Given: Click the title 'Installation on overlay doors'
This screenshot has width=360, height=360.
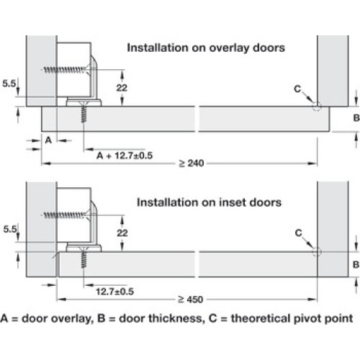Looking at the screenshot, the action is pos(206,48).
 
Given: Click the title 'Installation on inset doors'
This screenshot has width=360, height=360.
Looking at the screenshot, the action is pos(209,202).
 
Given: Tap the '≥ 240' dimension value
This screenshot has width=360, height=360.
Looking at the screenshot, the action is pos(192,163).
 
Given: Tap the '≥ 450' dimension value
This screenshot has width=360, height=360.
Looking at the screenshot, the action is pos(191,300).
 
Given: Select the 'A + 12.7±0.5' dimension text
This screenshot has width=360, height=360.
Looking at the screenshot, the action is pos(125,156).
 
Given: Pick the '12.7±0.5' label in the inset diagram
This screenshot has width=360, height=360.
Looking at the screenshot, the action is pos(114,292).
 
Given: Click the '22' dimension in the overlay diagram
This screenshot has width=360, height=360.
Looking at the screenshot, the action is pos(122,88).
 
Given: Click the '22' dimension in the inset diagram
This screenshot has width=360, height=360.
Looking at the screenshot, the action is pos(122,233).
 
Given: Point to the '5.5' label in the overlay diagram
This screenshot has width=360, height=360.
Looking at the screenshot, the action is pos(9,84).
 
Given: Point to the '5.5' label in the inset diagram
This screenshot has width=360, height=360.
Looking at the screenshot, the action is pos(10,229).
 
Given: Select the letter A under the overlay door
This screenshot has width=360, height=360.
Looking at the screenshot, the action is pos(48,140).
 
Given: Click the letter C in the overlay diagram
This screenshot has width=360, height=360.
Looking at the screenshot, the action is pos(297,89).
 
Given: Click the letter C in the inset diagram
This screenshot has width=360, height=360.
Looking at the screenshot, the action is pos(298,233).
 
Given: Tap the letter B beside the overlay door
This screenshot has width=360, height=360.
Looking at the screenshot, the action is pos(356,118).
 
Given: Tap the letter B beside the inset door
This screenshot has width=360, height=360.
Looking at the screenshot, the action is pos(356,265).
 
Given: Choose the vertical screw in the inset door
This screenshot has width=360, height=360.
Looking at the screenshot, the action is pos(84,257).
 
